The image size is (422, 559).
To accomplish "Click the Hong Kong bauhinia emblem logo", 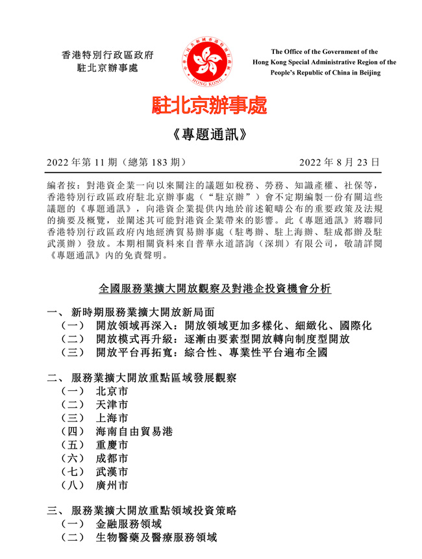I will point(211,62).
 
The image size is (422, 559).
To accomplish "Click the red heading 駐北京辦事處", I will point(209,105).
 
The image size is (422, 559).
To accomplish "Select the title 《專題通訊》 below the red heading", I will point(210,134).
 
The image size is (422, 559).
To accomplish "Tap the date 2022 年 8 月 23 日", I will point(339,162).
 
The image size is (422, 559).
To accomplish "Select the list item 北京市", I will point(112,391).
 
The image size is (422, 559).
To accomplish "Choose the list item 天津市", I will point(112,405).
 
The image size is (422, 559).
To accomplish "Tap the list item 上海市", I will point(112,419).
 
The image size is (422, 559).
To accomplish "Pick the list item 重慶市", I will point(112,445).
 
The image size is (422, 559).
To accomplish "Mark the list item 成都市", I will point(112,459).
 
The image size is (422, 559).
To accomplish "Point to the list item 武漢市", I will point(112,472).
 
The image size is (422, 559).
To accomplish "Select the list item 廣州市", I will point(112,486).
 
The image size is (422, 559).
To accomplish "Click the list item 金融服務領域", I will point(129,524).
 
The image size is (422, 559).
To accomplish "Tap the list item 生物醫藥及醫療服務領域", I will point(155,538).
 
